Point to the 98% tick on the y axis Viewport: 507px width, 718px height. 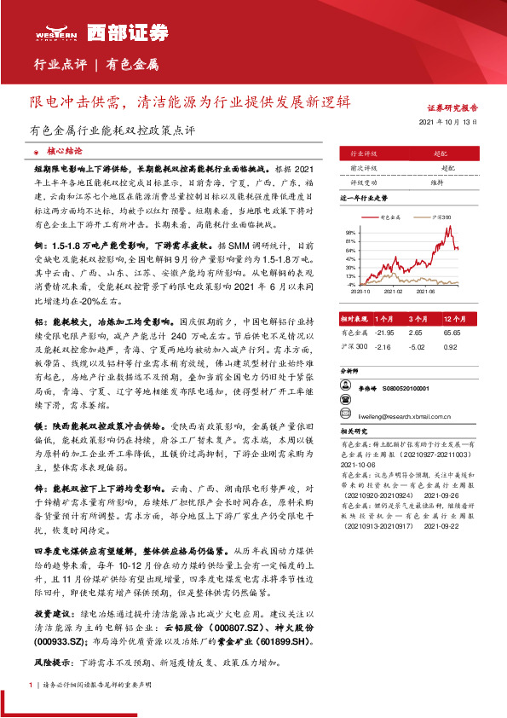point(351,232)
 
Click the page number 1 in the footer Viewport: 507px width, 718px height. point(31,684)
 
